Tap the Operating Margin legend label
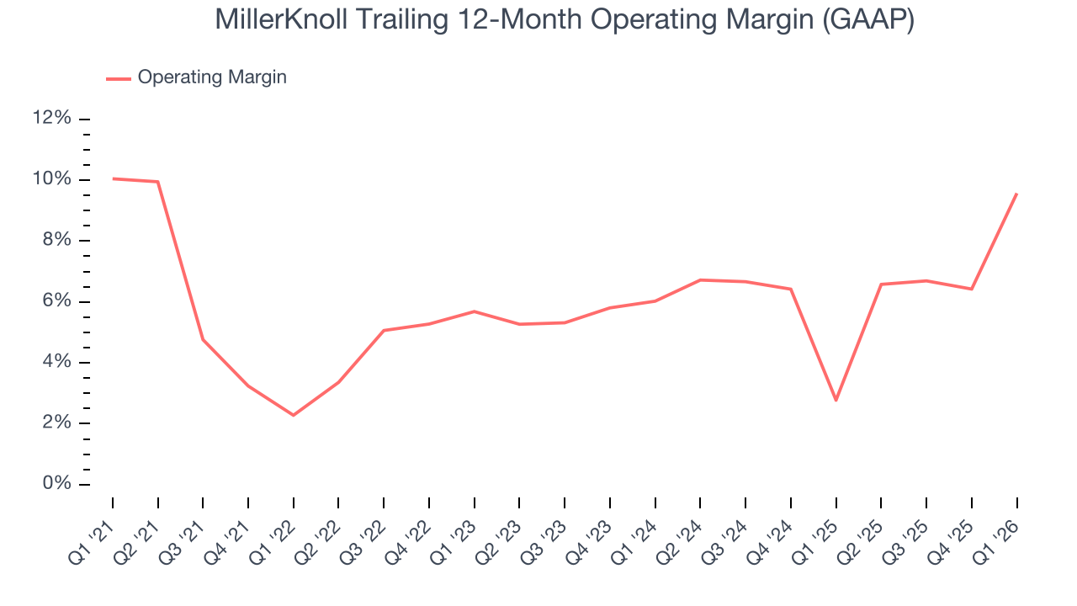(x=212, y=77)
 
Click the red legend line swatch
(x=119, y=78)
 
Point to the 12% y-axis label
(x=51, y=119)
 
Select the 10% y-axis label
(x=51, y=179)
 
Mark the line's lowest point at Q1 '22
(x=294, y=415)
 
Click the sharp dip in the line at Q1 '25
(x=836, y=400)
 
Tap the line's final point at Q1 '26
(x=1016, y=194)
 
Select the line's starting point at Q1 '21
(x=113, y=178)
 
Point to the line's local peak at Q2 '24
(x=700, y=280)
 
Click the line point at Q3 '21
(x=203, y=339)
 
